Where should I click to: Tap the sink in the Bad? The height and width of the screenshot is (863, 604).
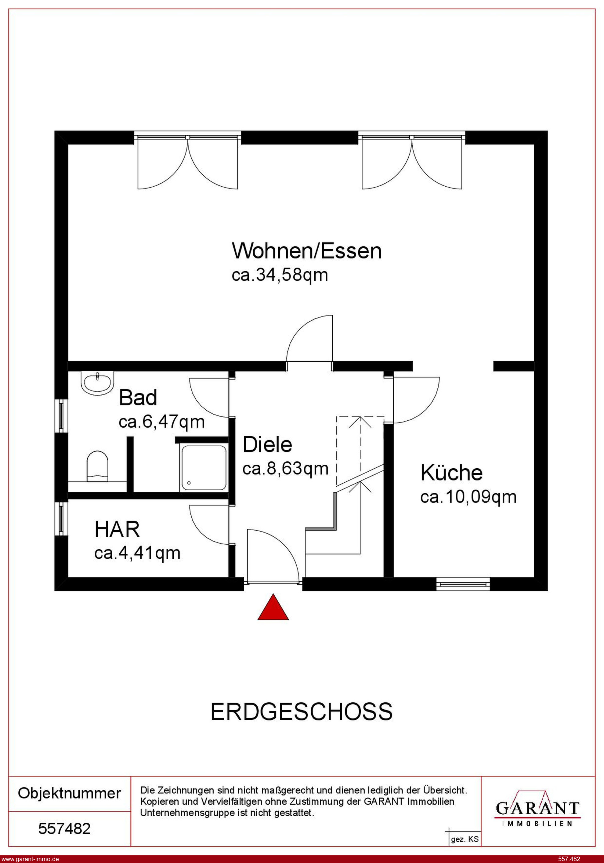click(x=97, y=383)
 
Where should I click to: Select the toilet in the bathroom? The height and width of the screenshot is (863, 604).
click(x=97, y=466)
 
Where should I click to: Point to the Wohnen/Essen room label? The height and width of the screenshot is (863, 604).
click(x=307, y=251)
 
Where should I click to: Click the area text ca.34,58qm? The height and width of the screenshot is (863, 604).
click(x=280, y=275)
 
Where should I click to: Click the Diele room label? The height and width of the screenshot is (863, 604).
click(x=267, y=445)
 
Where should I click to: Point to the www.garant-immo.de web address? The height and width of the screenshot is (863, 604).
click(x=30, y=859)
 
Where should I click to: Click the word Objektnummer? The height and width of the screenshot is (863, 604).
click(x=70, y=793)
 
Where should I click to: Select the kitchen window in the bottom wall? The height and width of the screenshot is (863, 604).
click(x=463, y=584)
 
